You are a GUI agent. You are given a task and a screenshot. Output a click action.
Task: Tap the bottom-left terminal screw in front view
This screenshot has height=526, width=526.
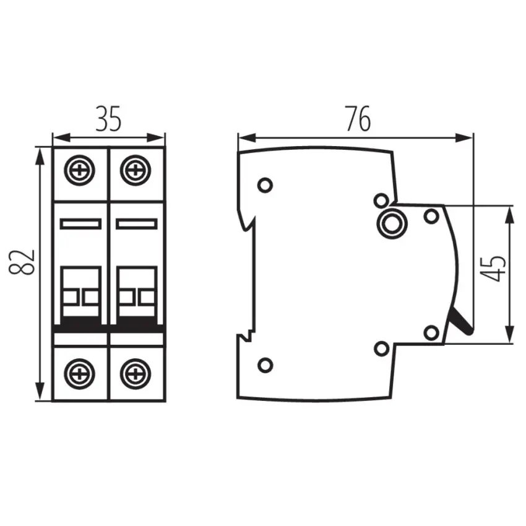tap(80, 373)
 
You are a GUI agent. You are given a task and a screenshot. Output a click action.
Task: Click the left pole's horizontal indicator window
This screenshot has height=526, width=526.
tap(80, 223)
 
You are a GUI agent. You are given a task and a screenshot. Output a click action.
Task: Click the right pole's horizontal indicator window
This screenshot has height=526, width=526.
tap(136, 223)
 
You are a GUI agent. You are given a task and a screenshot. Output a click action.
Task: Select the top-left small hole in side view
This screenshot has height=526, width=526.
tap(265, 184)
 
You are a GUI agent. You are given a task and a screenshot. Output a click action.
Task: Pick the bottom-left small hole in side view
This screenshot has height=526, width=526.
tap(265, 365)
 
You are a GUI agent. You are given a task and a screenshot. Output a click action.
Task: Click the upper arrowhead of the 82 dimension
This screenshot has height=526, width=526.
tap(41, 153)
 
